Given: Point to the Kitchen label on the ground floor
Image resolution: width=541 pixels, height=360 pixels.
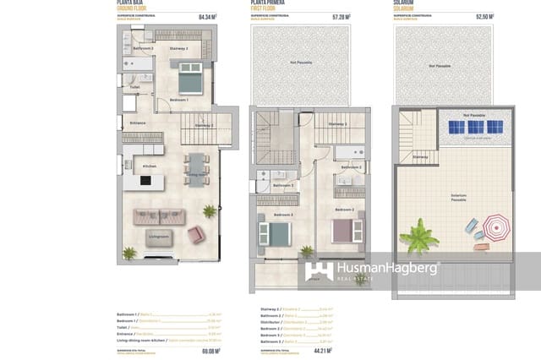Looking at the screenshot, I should (150, 166).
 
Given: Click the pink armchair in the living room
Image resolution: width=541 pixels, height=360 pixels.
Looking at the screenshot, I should (195, 235).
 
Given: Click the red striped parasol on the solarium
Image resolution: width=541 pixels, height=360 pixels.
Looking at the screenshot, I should (495, 226).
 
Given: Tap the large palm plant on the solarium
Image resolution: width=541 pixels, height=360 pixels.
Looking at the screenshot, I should (418, 237).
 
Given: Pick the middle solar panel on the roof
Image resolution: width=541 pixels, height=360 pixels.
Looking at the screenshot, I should (476, 127).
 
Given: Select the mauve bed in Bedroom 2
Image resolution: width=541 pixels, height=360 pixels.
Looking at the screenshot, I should (345, 230).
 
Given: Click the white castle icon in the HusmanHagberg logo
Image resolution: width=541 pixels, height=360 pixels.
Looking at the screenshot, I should (320, 270).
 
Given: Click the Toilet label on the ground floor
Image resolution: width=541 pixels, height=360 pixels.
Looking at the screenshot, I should (134, 87).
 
